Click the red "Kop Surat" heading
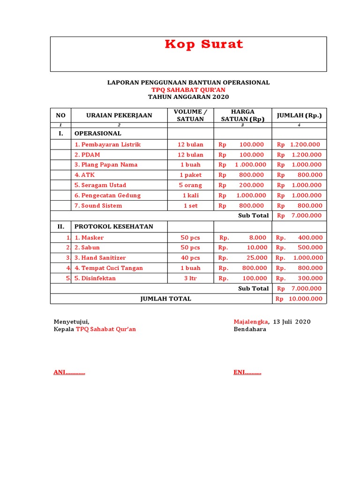click(204, 45)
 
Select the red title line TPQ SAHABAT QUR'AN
click(188, 90)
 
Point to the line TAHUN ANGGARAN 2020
click(188, 97)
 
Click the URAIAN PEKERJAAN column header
click(119, 115)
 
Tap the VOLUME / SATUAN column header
click(190, 115)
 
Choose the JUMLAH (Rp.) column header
click(299, 115)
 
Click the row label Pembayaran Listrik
click(107, 144)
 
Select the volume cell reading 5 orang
click(190, 185)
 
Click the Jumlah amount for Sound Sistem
click(299, 205)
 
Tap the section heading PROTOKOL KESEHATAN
click(114, 226)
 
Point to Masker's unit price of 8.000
click(243, 238)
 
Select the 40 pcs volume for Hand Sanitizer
click(190, 258)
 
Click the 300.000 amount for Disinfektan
click(299, 278)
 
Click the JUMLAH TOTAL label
click(166, 299)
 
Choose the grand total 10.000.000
click(299, 299)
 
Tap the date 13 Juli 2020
click(292, 322)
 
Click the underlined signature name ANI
click(69, 373)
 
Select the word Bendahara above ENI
click(250, 329)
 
